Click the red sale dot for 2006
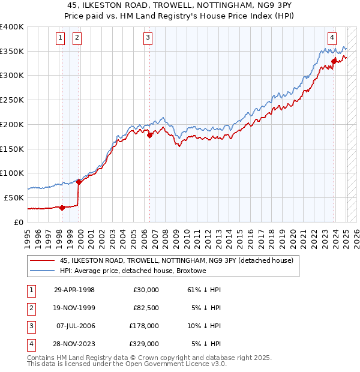150,135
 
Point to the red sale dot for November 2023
334,61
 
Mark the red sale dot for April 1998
62,208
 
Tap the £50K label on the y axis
14,197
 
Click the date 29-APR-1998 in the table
74,290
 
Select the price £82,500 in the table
145,308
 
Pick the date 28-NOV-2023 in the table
74,344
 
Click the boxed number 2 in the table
29,308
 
